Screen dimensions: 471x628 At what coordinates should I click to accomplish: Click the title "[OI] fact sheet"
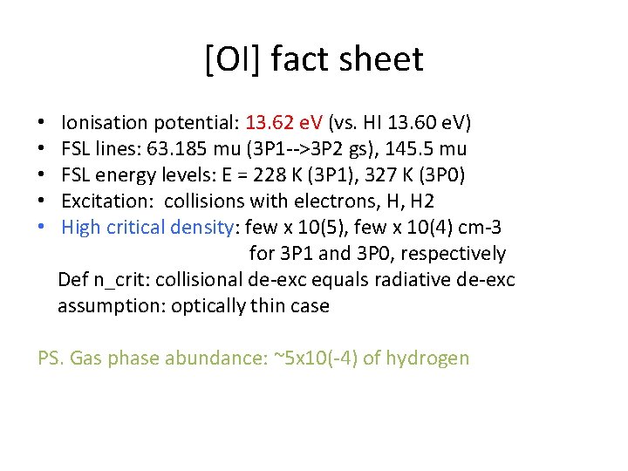314,59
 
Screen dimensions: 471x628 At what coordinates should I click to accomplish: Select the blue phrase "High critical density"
147,229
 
